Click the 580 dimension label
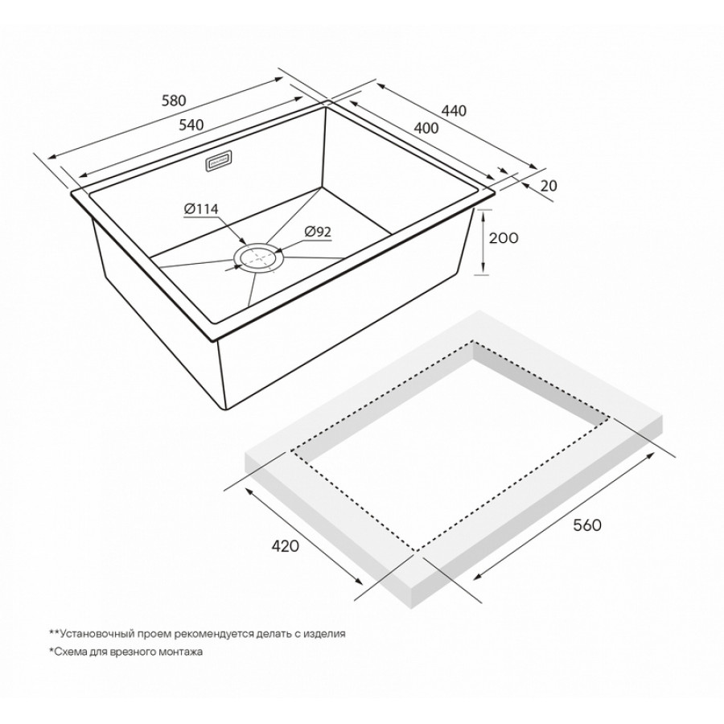point(174,101)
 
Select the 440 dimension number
point(455,111)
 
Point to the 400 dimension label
point(426,128)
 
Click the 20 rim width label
point(549,186)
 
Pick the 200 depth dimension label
point(504,238)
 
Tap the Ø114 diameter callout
point(200,209)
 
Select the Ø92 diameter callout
point(318,232)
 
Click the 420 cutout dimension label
point(286,545)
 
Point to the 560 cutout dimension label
point(587,525)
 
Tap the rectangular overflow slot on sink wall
point(218,162)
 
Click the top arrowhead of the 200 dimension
point(483,214)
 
